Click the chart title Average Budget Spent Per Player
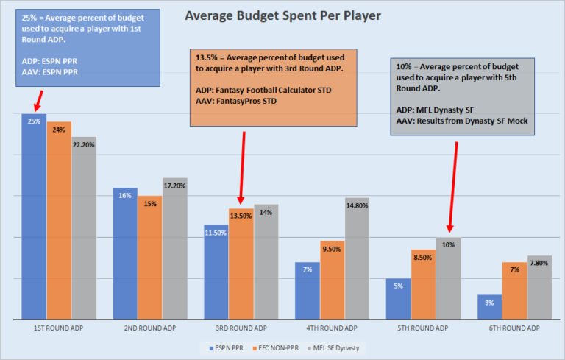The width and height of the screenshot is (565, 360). point(282,15)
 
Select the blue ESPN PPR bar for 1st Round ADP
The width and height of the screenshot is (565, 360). point(34,221)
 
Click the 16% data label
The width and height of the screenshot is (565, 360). point(125,195)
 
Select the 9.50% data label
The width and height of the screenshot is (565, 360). point(332,249)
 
